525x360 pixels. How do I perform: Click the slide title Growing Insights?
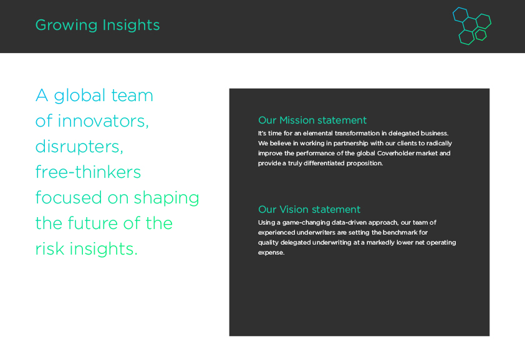[97, 25]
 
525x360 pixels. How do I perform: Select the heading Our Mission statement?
[312, 120]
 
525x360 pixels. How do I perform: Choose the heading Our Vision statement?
[309, 209]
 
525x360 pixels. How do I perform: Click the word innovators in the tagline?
[103, 121]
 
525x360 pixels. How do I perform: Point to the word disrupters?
[79, 147]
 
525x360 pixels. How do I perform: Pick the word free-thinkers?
[88, 172]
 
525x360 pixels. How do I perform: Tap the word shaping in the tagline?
[166, 198]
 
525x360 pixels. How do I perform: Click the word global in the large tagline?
[80, 96]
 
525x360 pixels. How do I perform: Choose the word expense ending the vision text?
[271, 253]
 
